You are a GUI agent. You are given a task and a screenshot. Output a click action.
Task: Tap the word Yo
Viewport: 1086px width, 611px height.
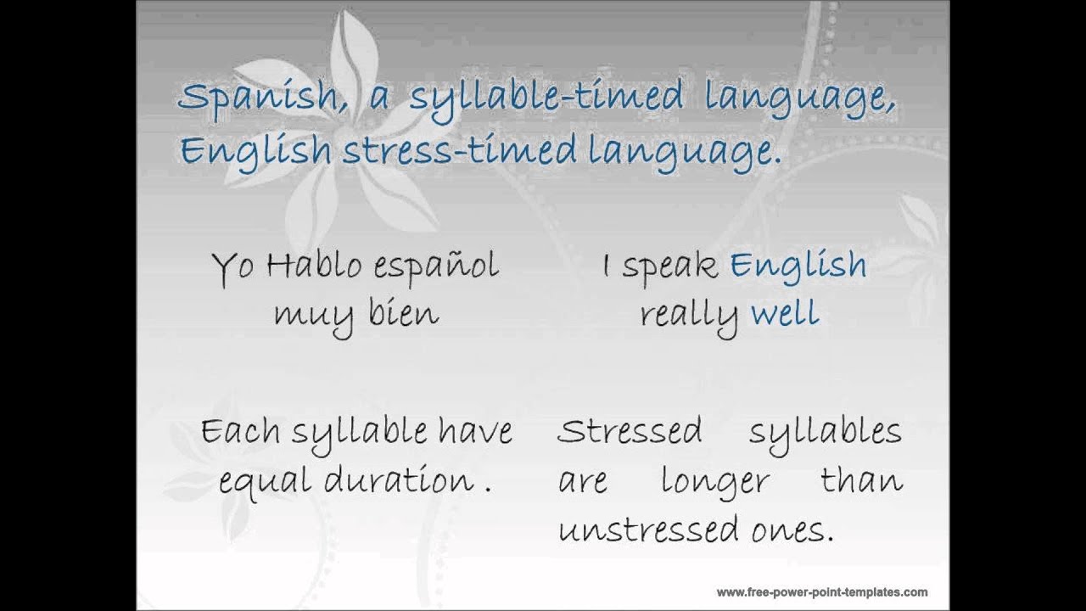click(x=232, y=267)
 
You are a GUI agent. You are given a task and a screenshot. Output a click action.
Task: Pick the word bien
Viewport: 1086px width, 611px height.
click(x=404, y=314)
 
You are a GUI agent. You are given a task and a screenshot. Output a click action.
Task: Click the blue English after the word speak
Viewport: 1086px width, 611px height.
click(x=798, y=266)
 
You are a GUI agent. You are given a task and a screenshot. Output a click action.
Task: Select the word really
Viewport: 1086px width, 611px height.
click(x=689, y=316)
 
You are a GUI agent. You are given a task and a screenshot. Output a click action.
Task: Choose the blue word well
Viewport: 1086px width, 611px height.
click(x=785, y=314)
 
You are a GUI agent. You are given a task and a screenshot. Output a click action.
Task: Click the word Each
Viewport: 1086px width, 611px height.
click(x=240, y=431)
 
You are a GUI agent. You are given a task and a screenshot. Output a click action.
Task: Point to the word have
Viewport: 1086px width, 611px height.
click(x=475, y=431)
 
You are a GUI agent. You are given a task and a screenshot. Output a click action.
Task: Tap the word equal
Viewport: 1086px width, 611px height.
click(x=264, y=481)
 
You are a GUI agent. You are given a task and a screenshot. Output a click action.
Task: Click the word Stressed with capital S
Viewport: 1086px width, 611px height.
click(x=630, y=431)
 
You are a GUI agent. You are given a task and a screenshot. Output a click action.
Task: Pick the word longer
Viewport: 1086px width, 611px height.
click(x=715, y=481)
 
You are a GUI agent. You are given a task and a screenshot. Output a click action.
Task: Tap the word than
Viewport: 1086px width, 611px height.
click(x=861, y=480)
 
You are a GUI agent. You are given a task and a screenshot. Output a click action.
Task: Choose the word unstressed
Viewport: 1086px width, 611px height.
click(x=649, y=530)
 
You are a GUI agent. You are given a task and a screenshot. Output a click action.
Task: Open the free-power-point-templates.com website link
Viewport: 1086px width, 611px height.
click(x=821, y=592)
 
